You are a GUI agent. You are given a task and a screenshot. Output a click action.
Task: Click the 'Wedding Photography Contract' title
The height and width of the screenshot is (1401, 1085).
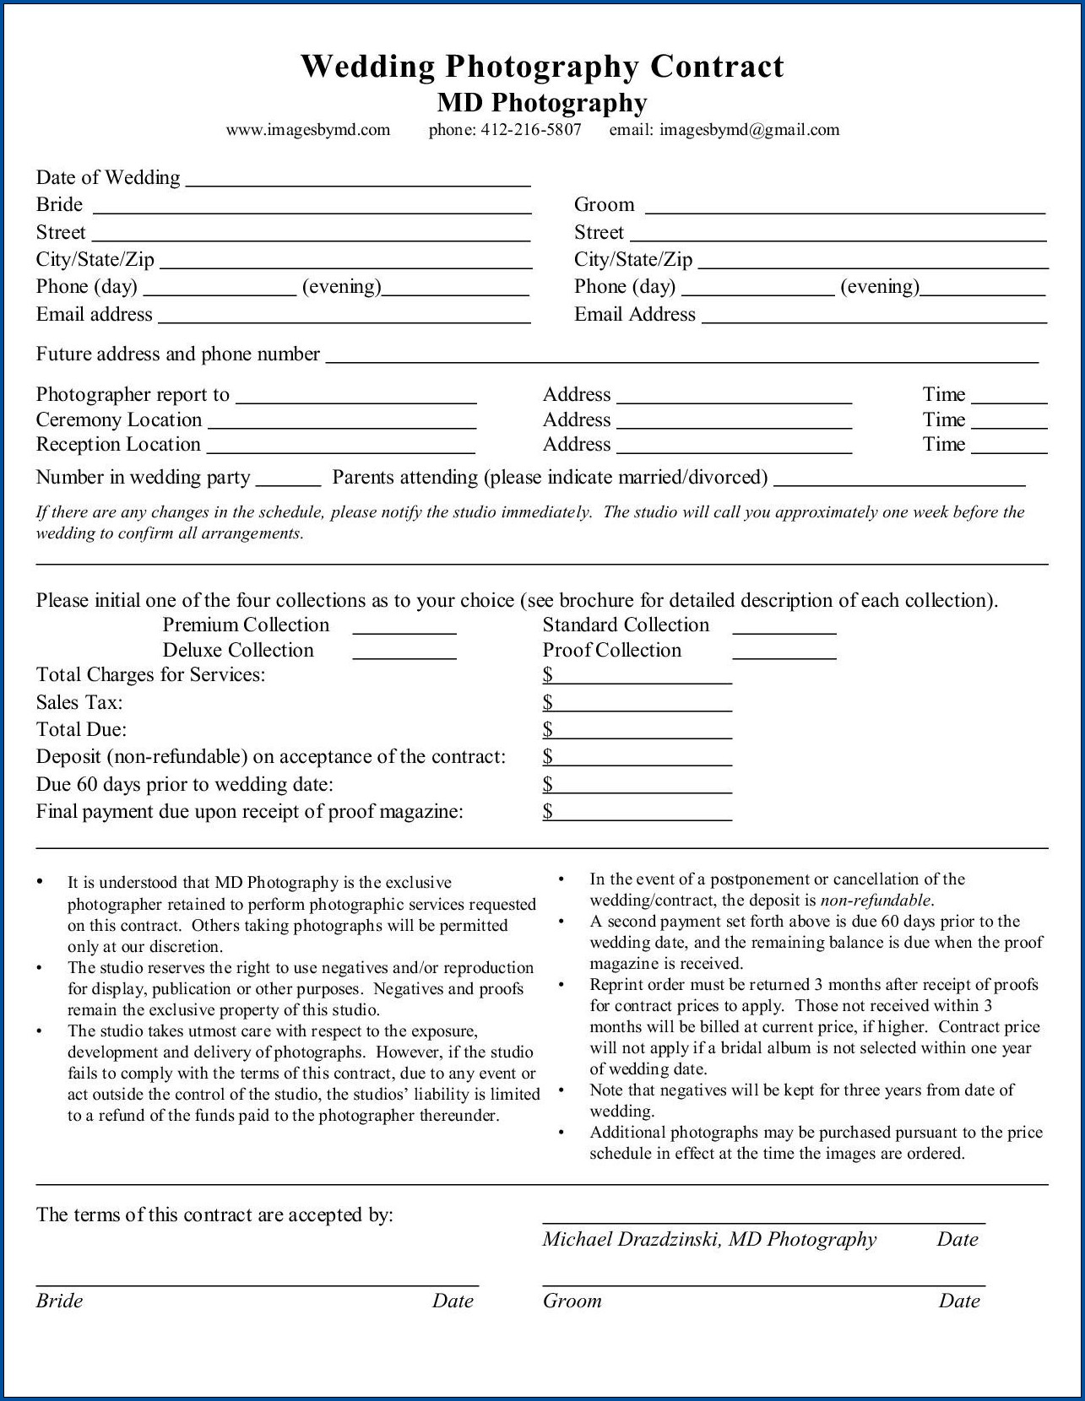click(542, 67)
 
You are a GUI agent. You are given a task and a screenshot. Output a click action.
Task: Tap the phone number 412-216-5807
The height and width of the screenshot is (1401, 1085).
click(530, 130)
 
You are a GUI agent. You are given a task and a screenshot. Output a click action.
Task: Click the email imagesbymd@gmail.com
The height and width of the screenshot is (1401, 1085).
click(749, 130)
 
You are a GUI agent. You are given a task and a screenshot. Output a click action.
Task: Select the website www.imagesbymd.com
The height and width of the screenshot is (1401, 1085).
click(308, 130)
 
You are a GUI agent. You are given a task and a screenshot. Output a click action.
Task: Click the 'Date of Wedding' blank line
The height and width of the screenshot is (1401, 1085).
click(357, 181)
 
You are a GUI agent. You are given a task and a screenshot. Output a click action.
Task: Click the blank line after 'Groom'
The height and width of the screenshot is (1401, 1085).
click(844, 209)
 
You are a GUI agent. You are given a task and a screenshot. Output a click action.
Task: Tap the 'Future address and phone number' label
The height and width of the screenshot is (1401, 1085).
click(177, 354)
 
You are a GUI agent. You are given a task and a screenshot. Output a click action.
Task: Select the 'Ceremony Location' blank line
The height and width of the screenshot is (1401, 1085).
click(342, 425)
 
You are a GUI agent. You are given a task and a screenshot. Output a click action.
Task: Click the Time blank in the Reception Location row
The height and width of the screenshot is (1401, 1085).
click(1009, 450)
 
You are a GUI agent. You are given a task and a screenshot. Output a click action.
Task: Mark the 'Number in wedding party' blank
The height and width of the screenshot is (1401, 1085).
click(288, 483)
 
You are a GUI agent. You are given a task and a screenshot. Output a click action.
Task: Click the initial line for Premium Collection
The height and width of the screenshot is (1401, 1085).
click(404, 630)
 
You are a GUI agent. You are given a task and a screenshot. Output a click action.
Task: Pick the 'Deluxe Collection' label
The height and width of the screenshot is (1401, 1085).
click(238, 651)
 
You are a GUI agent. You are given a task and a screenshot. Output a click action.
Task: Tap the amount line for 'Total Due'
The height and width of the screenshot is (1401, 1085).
click(642, 735)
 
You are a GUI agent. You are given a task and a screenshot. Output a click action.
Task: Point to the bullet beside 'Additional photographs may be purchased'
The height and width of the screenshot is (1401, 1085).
click(561, 1133)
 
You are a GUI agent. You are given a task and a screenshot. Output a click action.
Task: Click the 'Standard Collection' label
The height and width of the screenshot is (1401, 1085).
click(626, 625)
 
